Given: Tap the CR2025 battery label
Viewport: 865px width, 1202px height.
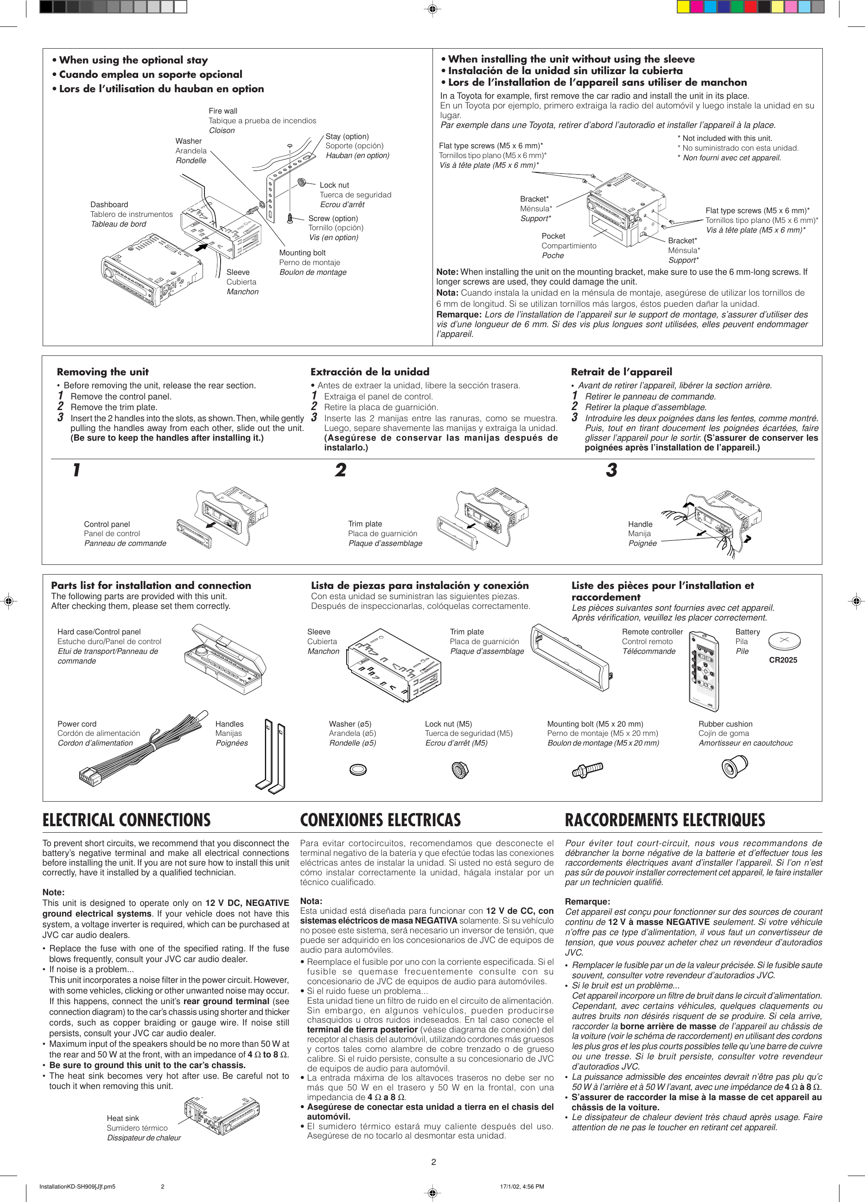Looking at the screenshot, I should click(x=783, y=660).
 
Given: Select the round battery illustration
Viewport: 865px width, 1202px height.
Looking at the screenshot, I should click(x=784, y=640).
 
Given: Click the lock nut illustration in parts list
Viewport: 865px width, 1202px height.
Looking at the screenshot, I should click(x=459, y=770).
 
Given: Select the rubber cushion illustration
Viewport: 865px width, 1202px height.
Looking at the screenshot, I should click(x=735, y=767).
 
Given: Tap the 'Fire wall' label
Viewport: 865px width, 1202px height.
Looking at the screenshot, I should click(x=223, y=111).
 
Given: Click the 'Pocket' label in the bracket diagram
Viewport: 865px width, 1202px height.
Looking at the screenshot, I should click(x=553, y=236).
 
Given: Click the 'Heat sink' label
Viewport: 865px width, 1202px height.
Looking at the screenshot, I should click(x=122, y=1118).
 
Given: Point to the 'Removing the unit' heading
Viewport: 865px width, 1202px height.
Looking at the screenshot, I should click(x=102, y=372).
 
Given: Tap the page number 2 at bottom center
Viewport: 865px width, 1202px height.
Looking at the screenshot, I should click(x=433, y=1162).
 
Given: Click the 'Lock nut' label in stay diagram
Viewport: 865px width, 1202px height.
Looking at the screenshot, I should click(x=334, y=185).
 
